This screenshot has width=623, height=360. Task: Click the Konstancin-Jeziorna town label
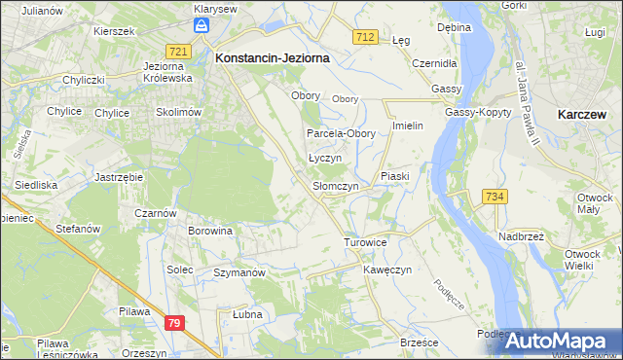(272, 58)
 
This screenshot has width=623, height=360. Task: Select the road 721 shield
(177, 52)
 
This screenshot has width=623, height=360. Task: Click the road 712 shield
(365, 37)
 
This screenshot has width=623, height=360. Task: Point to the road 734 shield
(495, 197)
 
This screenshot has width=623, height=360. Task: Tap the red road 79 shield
(174, 323)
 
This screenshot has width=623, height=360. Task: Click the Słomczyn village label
(336, 186)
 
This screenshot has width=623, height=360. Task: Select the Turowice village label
(366, 241)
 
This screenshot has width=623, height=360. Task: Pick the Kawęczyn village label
(388, 269)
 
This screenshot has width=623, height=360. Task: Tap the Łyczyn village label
(324, 158)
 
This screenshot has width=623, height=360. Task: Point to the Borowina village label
(211, 232)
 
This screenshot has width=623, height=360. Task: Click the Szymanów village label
(239, 273)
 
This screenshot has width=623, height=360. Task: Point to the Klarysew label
(215, 9)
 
